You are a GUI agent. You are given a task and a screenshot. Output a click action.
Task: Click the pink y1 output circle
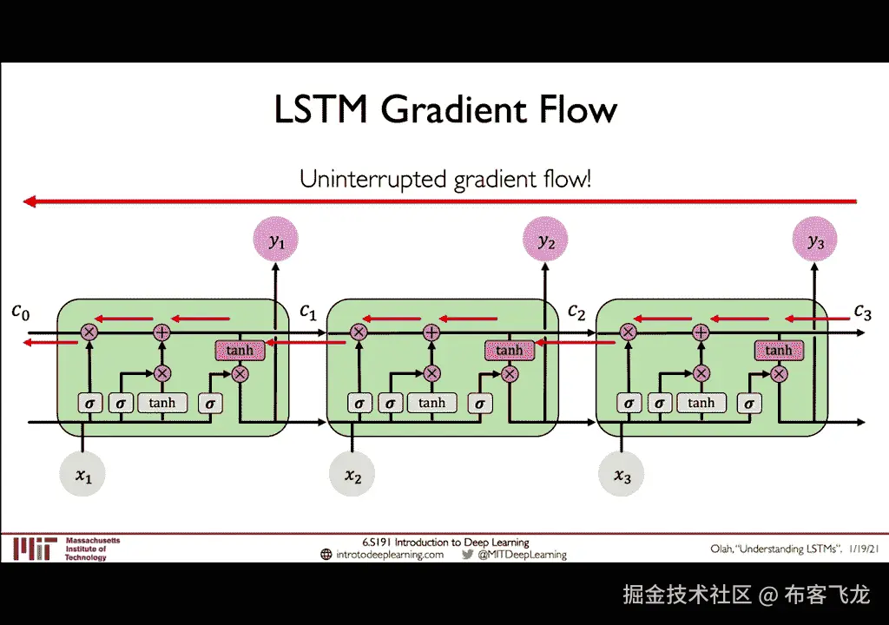(x=276, y=242)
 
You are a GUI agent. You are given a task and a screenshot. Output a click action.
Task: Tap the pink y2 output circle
(x=545, y=242)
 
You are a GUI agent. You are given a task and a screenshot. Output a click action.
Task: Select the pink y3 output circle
(x=815, y=242)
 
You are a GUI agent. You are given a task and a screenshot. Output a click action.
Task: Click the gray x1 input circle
(x=83, y=475)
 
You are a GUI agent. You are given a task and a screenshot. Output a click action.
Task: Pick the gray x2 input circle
(x=352, y=475)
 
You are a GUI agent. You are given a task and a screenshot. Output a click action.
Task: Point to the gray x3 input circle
(x=622, y=475)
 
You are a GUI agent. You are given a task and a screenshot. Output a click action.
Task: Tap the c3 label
(x=861, y=311)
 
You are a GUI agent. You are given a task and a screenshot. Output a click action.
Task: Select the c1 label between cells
(x=308, y=311)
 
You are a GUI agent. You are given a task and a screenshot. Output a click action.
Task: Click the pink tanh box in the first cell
(x=240, y=351)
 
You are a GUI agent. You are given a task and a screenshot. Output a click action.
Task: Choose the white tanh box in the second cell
(x=431, y=403)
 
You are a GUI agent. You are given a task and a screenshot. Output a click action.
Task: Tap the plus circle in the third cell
(x=701, y=332)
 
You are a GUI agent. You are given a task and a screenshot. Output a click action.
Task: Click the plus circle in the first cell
(x=161, y=332)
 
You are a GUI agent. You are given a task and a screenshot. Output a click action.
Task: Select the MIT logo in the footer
(x=34, y=549)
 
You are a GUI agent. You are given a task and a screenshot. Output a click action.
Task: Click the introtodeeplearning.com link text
(x=390, y=555)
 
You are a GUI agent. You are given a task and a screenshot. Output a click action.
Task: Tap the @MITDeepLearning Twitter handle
(x=522, y=555)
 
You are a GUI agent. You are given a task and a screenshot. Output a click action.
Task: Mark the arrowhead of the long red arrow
(x=29, y=201)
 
